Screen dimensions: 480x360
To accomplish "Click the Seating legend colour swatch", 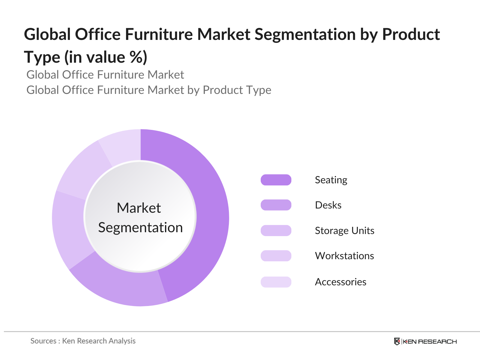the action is [276, 180].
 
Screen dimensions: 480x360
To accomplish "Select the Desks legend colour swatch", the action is [276, 205].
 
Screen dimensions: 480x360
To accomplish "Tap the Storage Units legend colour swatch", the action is [276, 230].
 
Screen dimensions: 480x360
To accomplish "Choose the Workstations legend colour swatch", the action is [276, 256].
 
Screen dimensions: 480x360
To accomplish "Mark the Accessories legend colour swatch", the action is [276, 282].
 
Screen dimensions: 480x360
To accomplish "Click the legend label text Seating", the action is [331, 180].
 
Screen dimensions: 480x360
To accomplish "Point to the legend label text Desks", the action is [328, 205].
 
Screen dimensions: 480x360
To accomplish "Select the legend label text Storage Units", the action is [345, 231].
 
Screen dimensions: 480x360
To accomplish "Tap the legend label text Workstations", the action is [344, 256].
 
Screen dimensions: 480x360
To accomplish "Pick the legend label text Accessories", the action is [340, 282].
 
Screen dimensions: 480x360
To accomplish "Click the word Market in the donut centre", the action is [139, 208].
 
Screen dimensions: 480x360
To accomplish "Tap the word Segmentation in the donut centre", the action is [140, 228].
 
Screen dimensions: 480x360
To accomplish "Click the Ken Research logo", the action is [425, 341].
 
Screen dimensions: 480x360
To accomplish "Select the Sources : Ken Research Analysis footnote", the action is [83, 341].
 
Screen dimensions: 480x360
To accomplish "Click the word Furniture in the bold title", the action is [159, 34].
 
